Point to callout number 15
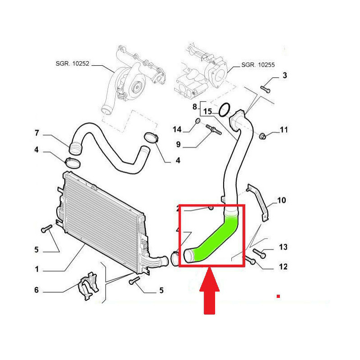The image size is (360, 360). point(207,111)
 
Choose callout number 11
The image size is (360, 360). point(283,130)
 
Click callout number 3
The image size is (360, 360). point(284,75)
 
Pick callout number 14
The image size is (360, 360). point(177,130)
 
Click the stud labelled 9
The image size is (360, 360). point(213,131)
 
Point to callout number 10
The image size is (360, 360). point(282,200)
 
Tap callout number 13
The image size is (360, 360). point(283,247)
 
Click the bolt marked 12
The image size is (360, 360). point(250,260)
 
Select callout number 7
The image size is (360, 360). point(37,133)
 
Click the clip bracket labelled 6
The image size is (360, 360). point(87,284)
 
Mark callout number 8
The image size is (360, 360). point(195,107)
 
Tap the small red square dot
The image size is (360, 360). point(279,296)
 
